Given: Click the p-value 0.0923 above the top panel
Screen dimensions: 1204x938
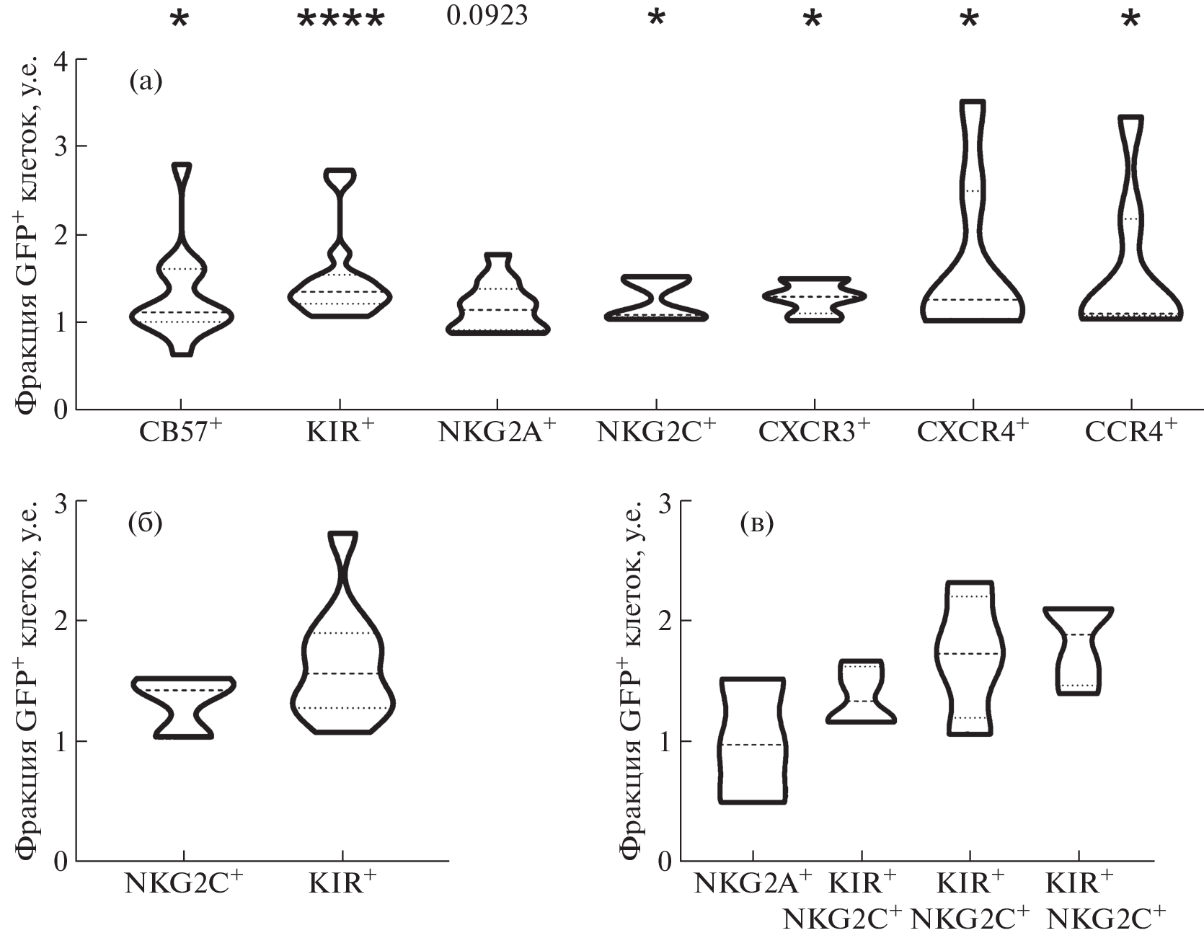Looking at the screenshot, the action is point(487,15).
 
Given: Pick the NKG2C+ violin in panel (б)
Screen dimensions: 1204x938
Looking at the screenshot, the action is point(184,707).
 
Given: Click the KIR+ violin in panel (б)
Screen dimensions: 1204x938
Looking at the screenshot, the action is point(342,633).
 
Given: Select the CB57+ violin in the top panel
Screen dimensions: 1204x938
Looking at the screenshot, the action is point(181,260).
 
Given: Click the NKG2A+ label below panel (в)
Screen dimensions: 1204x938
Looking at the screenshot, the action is point(753,884).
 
